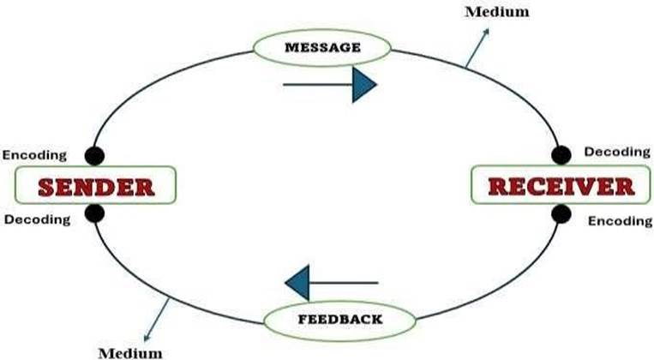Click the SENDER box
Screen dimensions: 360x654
click(95, 184)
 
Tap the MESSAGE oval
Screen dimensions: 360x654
click(322, 47)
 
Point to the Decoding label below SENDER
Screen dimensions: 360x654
click(37, 219)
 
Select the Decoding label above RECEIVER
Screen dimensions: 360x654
click(616, 152)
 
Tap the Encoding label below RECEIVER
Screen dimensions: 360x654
click(620, 220)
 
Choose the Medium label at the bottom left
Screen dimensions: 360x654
click(129, 351)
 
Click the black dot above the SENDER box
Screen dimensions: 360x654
click(95, 155)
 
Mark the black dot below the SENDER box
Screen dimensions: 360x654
click(95, 213)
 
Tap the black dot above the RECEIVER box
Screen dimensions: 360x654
click(561, 155)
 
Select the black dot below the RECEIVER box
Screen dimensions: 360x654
click(561, 213)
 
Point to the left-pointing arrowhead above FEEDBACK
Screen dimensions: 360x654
click(297, 282)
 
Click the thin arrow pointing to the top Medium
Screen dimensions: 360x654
click(477, 47)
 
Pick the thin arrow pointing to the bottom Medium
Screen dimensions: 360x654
click(159, 316)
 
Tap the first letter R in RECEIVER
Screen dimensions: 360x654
click(498, 185)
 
